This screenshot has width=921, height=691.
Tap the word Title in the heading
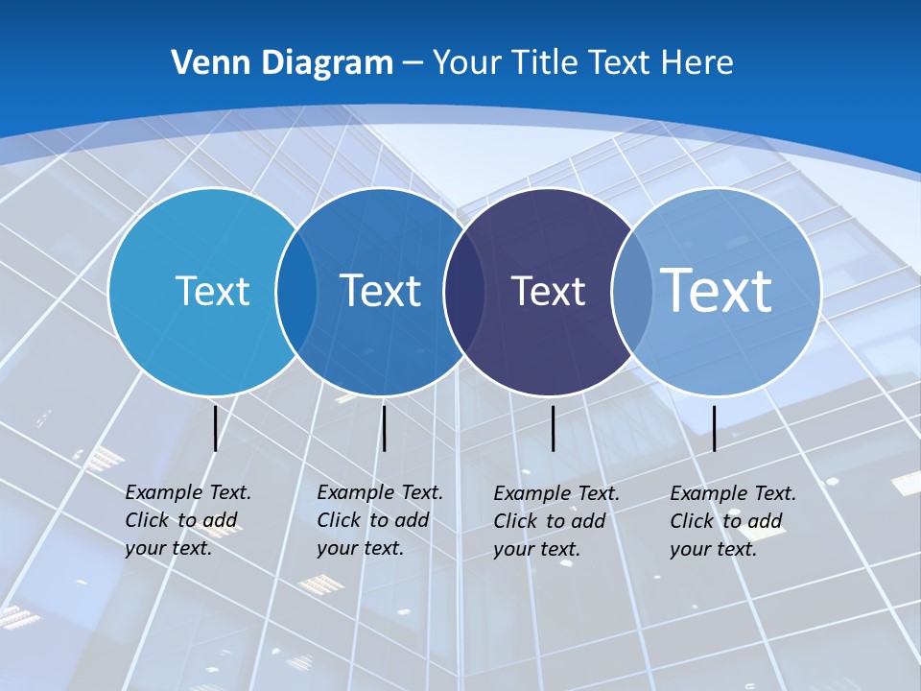click(x=546, y=62)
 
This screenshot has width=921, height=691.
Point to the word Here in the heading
click(x=697, y=62)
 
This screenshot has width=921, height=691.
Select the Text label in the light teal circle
click(x=212, y=291)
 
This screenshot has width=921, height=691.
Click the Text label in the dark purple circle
click(x=548, y=291)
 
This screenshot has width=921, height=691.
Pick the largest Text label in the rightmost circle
click(x=716, y=290)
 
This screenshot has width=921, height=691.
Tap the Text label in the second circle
click(x=381, y=291)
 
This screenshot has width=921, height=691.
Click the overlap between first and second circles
click(x=296, y=292)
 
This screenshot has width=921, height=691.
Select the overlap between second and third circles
click(x=464, y=292)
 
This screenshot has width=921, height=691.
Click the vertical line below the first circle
click(x=215, y=428)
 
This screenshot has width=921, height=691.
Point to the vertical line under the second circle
click(x=384, y=428)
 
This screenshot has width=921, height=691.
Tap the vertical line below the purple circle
click(x=553, y=428)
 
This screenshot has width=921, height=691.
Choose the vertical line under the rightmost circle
click(x=714, y=428)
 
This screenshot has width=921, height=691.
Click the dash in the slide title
click(x=413, y=63)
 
